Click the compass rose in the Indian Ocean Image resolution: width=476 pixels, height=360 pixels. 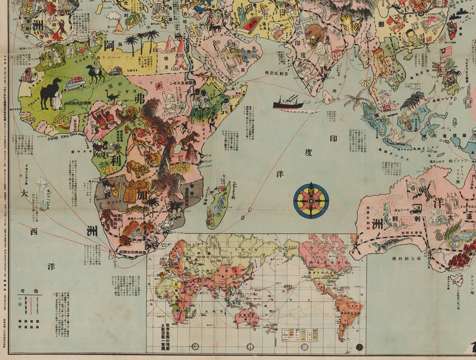[x=311, y=200]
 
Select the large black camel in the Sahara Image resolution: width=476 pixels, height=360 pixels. [x=51, y=93]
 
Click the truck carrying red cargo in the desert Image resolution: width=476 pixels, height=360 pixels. [x=74, y=84]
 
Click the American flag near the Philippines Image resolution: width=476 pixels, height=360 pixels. [x=446, y=51]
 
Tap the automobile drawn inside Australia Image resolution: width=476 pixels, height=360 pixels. [x=415, y=208]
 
